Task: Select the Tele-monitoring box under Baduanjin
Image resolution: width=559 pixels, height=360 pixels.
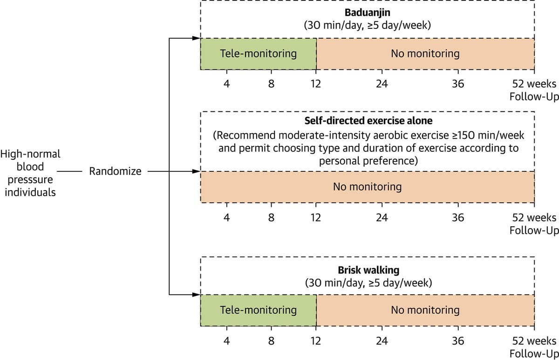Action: point(259,54)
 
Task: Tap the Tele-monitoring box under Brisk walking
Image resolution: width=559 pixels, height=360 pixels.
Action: point(259,310)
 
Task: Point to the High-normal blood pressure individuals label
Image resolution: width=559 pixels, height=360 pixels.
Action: point(31,172)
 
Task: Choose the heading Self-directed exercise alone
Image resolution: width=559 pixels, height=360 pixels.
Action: point(368,121)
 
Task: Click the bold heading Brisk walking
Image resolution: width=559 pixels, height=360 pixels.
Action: point(368,270)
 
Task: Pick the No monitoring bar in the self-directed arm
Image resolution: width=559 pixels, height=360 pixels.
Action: point(368,187)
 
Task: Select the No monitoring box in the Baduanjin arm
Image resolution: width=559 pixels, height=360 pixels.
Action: point(425,54)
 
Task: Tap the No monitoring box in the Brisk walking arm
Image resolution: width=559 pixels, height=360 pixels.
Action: point(425,310)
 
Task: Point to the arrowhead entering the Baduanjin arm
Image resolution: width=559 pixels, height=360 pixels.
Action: point(197,39)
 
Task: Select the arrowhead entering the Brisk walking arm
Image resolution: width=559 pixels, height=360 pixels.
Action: point(197,294)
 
